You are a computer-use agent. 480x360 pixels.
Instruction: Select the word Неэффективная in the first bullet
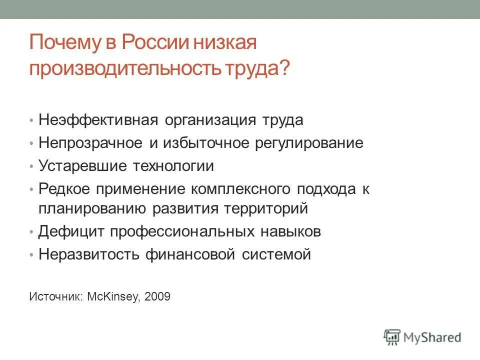[98, 120]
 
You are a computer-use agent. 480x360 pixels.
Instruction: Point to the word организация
[210, 120]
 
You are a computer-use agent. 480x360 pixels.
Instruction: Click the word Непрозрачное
[90, 143]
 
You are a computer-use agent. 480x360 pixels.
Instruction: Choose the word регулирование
[309, 143]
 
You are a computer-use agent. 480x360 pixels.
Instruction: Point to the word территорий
[265, 208]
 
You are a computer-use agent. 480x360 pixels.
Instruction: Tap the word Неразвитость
[88, 254]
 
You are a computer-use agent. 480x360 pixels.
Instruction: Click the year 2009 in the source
[157, 296]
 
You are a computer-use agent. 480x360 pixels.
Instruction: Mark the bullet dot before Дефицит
[31, 232]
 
